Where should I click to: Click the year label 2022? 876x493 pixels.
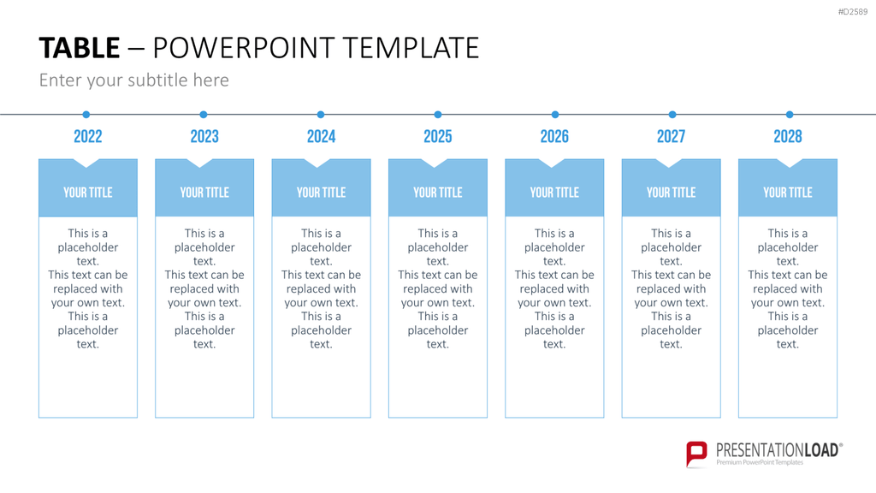pyautogui.click(x=88, y=136)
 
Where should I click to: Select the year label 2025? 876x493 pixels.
pyautogui.click(x=437, y=136)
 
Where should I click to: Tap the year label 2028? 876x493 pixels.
pyautogui.click(x=788, y=136)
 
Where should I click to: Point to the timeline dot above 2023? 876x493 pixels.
pyautogui.click(x=204, y=115)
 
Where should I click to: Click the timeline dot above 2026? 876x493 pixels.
pyautogui.click(x=554, y=115)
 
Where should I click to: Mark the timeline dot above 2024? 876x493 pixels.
pyautogui.click(x=321, y=115)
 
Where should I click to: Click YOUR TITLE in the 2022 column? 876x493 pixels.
pyautogui.click(x=88, y=193)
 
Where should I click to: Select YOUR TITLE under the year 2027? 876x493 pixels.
pyautogui.click(x=671, y=193)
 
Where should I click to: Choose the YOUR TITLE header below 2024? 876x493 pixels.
pyautogui.click(x=322, y=193)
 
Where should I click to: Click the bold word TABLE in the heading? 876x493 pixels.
pyautogui.click(x=80, y=48)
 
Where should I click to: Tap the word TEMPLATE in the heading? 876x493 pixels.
pyautogui.click(x=411, y=48)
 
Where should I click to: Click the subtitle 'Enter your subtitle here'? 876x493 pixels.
pyautogui.click(x=134, y=80)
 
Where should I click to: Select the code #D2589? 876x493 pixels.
pyautogui.click(x=853, y=12)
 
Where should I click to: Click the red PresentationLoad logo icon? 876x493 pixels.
pyautogui.click(x=696, y=454)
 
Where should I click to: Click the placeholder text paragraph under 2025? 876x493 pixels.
pyautogui.click(x=437, y=288)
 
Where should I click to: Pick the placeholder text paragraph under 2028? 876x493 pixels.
pyautogui.click(x=788, y=288)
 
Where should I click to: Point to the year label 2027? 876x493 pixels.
pyautogui.click(x=671, y=136)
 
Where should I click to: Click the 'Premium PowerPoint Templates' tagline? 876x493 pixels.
pyautogui.click(x=760, y=463)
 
